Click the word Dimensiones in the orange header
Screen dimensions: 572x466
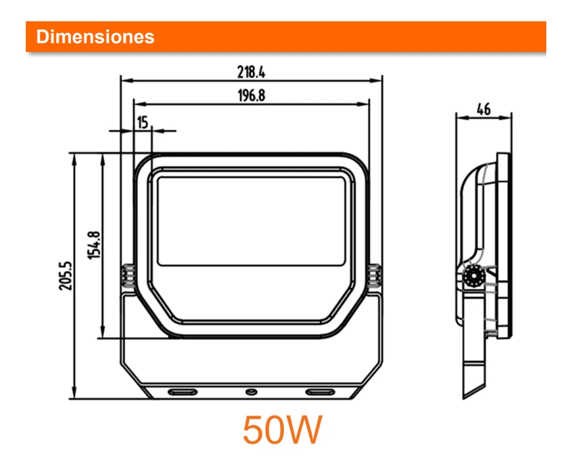click(95, 37)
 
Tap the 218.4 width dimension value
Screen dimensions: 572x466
click(251, 72)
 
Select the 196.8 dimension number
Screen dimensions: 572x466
click(251, 95)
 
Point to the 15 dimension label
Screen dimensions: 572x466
click(143, 122)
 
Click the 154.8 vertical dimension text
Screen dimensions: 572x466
click(94, 245)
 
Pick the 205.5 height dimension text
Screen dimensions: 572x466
click(65, 276)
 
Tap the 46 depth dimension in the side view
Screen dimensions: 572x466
click(484, 109)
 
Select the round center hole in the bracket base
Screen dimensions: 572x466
click(251, 392)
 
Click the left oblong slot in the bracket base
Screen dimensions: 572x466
click(183, 392)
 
